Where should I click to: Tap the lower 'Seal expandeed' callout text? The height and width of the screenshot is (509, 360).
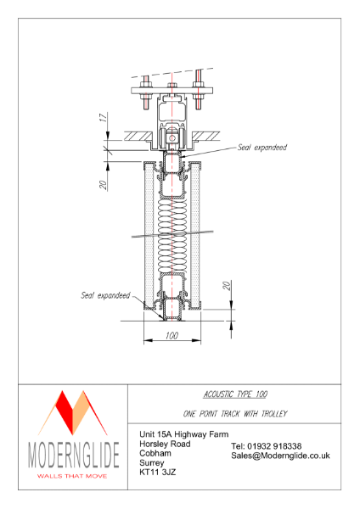(x=105, y=296)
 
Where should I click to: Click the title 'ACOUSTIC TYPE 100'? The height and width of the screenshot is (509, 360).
(x=233, y=394)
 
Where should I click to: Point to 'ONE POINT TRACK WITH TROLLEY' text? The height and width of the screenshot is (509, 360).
(x=233, y=413)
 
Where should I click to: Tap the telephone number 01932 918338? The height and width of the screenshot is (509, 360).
(x=266, y=446)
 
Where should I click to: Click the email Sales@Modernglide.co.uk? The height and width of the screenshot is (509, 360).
(x=280, y=456)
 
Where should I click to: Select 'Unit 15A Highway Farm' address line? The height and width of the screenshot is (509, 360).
(x=184, y=434)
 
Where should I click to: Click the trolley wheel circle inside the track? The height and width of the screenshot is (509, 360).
(x=173, y=138)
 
